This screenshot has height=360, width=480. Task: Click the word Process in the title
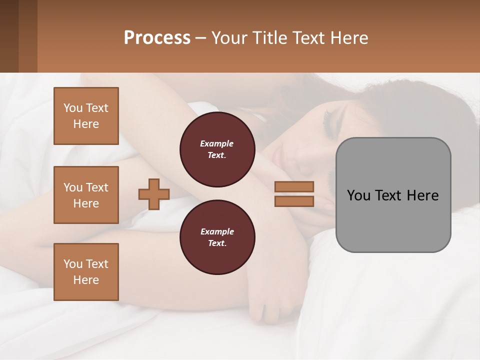point(157,38)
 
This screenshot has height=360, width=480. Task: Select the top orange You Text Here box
point(86,116)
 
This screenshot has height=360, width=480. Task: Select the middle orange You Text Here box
point(86,195)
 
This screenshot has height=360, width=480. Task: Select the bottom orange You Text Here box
point(86,272)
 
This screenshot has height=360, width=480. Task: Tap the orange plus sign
point(154,194)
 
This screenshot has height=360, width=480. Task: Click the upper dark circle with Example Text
point(217,149)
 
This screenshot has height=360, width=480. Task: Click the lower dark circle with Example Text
point(217,237)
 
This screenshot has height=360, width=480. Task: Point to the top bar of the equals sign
point(294,186)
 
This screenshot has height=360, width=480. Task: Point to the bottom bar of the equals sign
point(294,201)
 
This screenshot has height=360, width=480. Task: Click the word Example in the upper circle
point(217,143)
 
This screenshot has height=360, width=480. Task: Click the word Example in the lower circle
point(217,231)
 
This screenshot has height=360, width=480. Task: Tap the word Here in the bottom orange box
point(86,280)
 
